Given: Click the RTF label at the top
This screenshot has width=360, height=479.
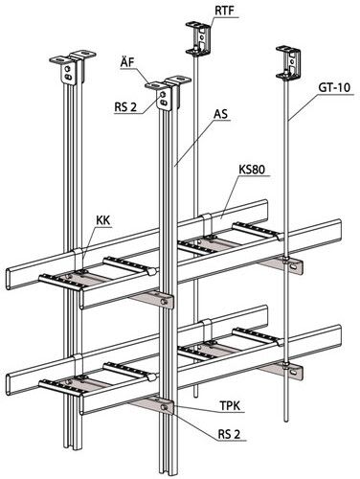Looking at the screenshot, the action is click(224, 11).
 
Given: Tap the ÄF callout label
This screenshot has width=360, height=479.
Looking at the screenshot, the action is click(127, 62).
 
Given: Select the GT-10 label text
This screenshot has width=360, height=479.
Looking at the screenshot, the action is click(333, 87).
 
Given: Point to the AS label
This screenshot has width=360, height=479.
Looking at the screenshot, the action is click(221, 114).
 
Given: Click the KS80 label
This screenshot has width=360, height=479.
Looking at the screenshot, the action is click(252, 170).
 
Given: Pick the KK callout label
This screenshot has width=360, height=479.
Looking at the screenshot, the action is click(102, 220).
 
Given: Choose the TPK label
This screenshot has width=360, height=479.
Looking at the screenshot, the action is click(230, 405).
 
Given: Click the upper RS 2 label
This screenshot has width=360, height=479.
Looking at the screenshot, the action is click(125, 107).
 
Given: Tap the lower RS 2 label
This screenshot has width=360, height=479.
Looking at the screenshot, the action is click(229, 434).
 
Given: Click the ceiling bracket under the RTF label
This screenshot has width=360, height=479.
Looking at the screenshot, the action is click(198, 36).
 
